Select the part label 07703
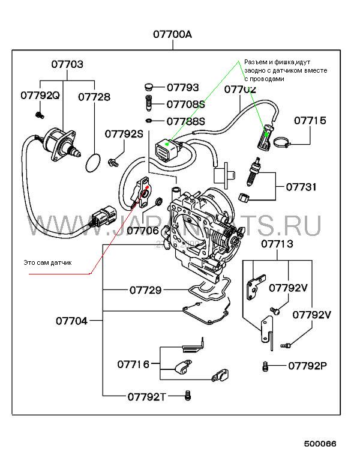pos(66,64)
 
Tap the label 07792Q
pos(40,95)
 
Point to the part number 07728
pos(94,96)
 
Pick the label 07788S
pos(185,121)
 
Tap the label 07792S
pos(124,133)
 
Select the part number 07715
pos(310,121)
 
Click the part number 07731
pos(301,187)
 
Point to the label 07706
pos(142,229)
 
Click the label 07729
pos(145,290)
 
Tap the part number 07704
pos(72,321)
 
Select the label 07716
pos(133,363)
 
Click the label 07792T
pos(146,396)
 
